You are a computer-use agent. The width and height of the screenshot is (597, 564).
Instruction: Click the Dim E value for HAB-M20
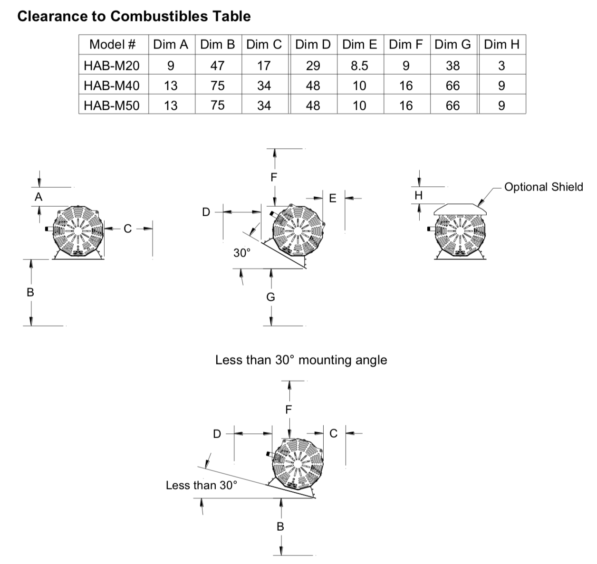pos(359,65)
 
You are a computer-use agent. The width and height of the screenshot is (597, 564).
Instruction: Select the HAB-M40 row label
pos(112,86)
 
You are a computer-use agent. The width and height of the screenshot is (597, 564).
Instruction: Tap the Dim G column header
pos(453,45)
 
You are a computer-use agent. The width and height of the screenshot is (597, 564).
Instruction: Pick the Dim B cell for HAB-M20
pos(217,65)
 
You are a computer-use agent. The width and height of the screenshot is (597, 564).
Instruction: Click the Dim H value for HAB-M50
pos(501,105)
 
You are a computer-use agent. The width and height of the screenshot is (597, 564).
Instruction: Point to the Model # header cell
pos(113,45)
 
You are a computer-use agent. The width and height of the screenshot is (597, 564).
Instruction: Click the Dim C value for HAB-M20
pos(264,65)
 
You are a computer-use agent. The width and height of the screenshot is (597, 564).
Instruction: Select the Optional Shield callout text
pos(543,187)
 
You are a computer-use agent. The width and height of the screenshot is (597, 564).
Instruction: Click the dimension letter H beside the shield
pos(418,195)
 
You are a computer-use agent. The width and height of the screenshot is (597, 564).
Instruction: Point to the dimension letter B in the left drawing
pos(30,292)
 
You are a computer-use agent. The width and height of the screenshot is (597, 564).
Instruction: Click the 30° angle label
pos(242,253)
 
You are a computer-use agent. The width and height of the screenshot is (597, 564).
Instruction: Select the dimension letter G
pos(270,297)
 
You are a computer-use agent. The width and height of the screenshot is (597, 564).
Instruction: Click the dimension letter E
pos(333,198)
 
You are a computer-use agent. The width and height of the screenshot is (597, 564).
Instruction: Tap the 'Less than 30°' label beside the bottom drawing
pos(201,485)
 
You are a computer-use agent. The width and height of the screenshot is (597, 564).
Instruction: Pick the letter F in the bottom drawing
pos(288,409)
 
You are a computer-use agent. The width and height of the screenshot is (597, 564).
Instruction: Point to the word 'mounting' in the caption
pos(325,360)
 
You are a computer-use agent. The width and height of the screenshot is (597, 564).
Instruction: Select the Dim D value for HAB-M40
pos(313,86)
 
